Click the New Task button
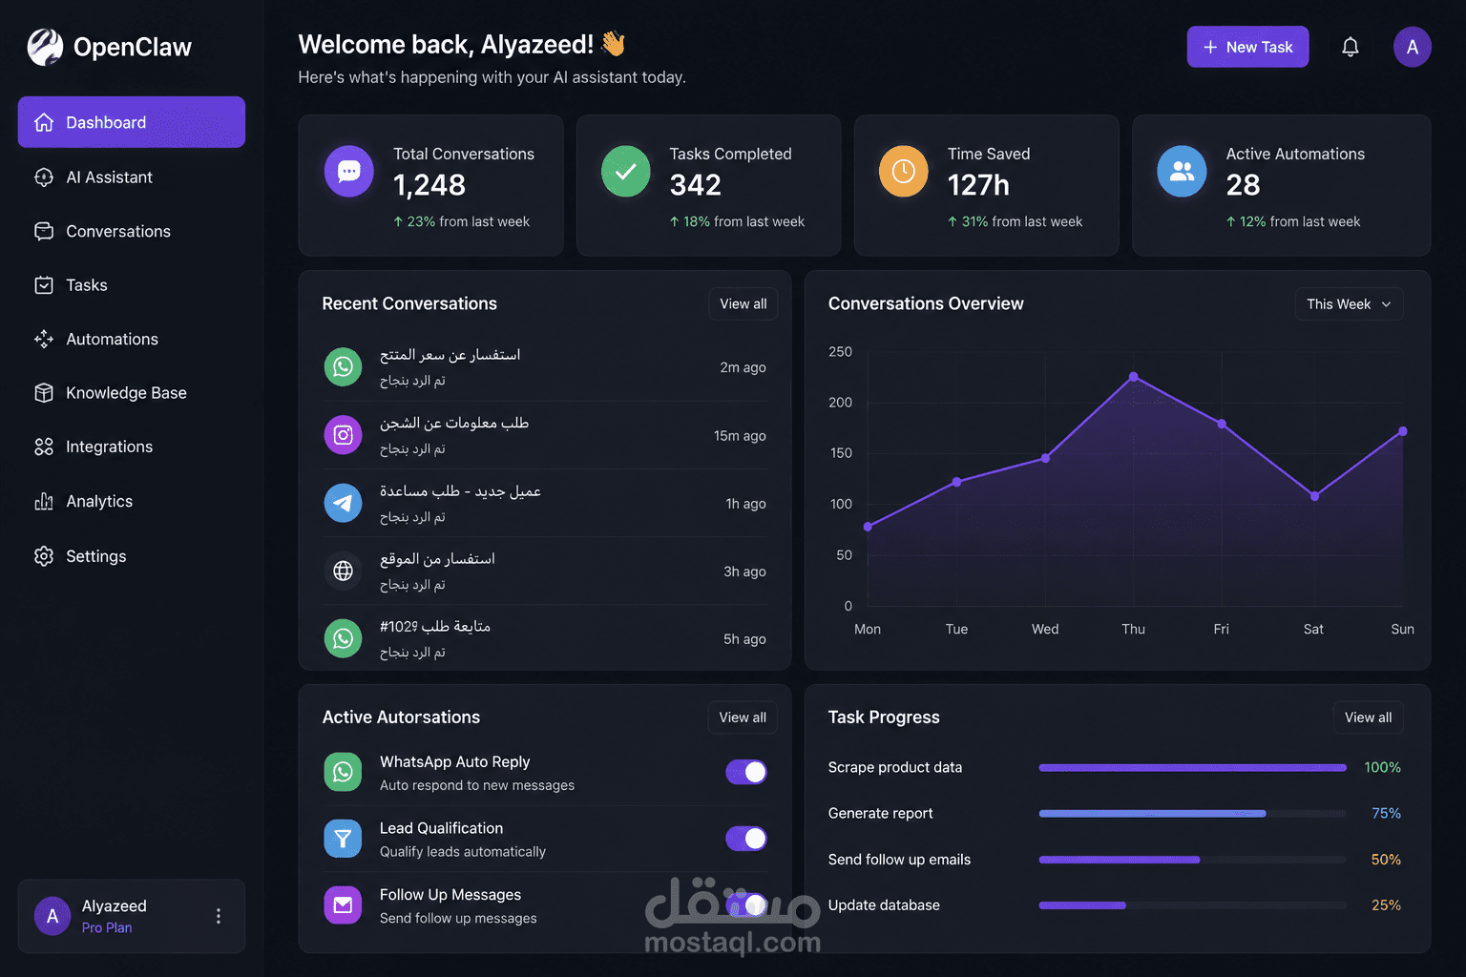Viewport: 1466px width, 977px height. coord(1247,47)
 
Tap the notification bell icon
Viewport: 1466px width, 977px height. coord(1351,47)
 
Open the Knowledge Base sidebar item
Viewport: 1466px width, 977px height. coord(126,393)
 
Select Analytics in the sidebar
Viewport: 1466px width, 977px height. coord(99,501)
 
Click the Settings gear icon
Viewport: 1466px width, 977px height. coord(44,555)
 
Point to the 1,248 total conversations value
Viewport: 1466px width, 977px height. coord(429,185)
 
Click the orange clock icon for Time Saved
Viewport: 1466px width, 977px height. coord(903,172)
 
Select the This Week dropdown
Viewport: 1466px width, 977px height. coord(1349,303)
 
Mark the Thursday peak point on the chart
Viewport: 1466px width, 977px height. coord(1134,377)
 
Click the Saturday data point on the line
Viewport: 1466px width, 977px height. coord(1314,497)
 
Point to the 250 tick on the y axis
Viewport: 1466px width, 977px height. coord(840,351)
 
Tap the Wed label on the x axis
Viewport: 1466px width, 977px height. coord(1045,629)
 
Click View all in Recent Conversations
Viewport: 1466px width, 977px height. coord(743,303)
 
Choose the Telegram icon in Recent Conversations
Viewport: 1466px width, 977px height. coord(343,503)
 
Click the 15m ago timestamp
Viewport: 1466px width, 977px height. coord(740,436)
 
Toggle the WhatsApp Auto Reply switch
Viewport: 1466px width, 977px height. coord(746,772)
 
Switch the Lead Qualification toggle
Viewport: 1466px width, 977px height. coord(746,839)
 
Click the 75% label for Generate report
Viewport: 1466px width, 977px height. coord(1386,813)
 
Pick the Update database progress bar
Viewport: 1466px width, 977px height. coord(1192,905)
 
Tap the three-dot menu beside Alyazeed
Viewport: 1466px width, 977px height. coord(219,916)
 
